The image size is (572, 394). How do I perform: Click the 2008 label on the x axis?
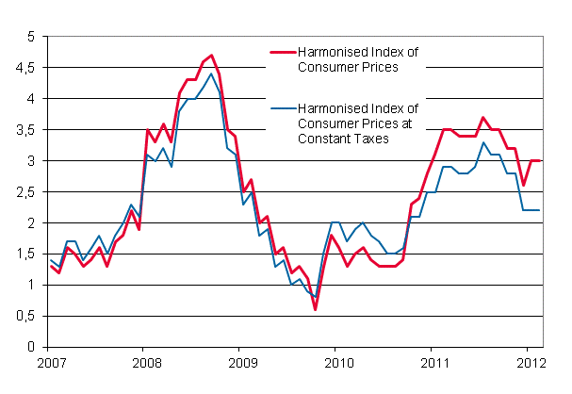143,362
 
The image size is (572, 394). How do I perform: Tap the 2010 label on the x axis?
337,362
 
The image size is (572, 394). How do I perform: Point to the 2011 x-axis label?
434,362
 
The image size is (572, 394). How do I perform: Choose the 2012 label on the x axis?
531,362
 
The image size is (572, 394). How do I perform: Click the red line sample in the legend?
283,52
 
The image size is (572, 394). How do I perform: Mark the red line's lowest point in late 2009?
316,309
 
